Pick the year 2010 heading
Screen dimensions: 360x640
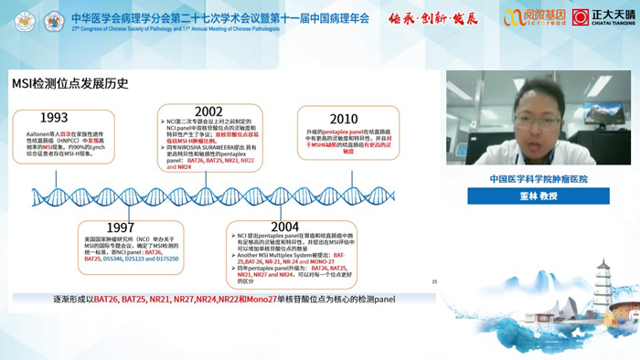[x=344, y=119]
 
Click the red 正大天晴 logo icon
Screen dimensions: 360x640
[x=580, y=16]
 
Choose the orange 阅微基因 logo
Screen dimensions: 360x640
[x=534, y=16]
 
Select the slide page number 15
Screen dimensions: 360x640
[x=433, y=281]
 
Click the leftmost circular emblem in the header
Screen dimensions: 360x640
[x=24, y=19]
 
